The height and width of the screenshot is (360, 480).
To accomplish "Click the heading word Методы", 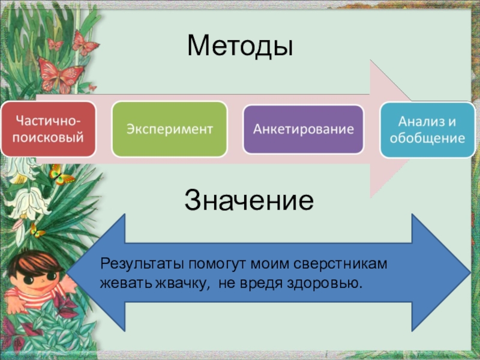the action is [239, 46].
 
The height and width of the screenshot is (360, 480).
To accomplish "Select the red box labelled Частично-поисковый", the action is [47, 129].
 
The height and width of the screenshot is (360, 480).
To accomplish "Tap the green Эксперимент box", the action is [170, 129].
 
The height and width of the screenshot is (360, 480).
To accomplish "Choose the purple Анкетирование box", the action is [303, 129].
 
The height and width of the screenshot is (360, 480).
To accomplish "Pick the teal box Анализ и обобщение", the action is [427, 130].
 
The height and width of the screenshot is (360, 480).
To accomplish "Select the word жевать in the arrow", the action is [122, 281].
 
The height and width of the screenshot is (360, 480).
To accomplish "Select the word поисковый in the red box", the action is [47, 137].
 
